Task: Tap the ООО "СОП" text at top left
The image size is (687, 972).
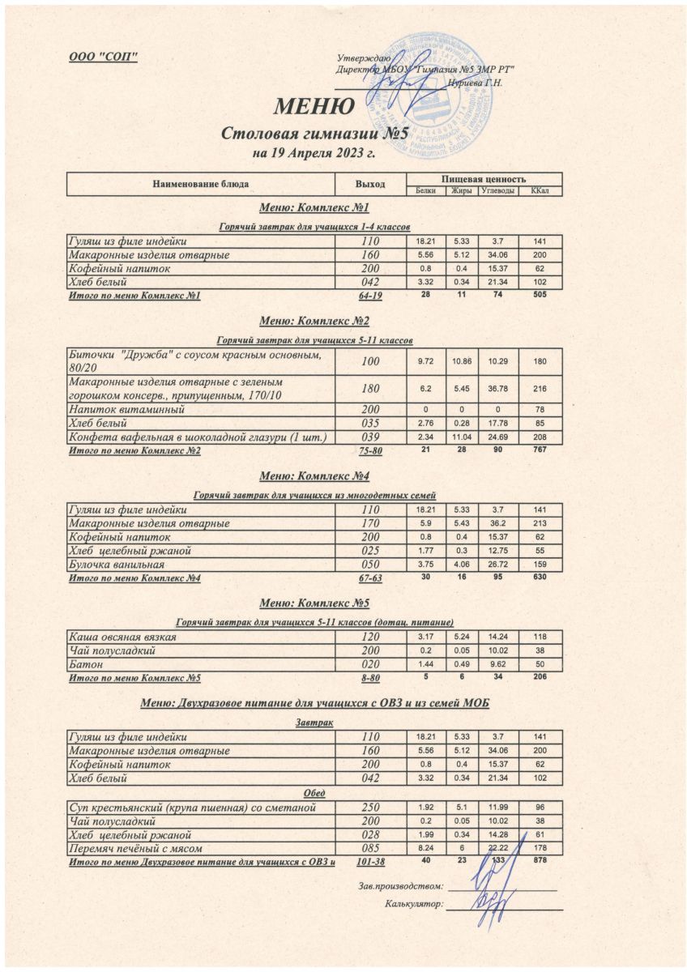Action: (x=103, y=56)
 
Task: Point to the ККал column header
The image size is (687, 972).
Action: (x=540, y=190)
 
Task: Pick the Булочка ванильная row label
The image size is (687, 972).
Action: (x=117, y=564)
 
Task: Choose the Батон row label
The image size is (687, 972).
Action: (x=84, y=663)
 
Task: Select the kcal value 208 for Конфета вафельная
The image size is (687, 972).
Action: (x=540, y=438)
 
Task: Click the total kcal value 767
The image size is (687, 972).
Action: (x=540, y=450)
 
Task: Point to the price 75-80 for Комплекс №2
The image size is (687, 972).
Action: (x=369, y=451)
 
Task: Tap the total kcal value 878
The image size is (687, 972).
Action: (x=540, y=860)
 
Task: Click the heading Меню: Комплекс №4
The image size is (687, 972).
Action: (x=314, y=475)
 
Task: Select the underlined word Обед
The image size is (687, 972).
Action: (x=314, y=793)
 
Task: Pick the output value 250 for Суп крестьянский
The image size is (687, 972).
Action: (x=369, y=808)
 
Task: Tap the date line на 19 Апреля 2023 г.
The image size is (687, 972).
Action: (x=314, y=153)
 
